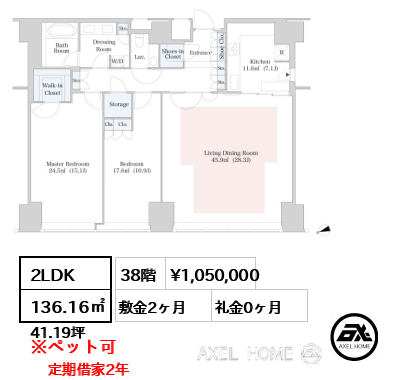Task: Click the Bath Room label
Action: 62,46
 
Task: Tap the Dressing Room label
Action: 104,45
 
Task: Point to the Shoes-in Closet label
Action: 172,54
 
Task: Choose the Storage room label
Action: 119,104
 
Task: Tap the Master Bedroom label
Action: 68,166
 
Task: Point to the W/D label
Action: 117,62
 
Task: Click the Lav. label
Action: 140,58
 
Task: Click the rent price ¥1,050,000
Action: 215,274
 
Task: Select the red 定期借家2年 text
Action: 88,368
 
